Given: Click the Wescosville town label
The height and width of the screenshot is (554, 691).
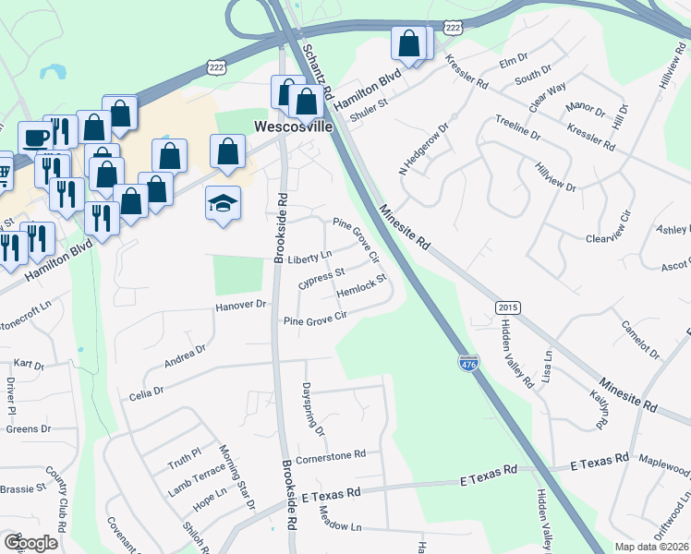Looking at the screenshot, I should point(294,126).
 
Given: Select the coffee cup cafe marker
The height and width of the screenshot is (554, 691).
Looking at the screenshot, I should point(35,138).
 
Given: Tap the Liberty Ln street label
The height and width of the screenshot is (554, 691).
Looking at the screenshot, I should point(309,258).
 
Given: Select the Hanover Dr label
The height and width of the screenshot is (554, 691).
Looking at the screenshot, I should point(240,305).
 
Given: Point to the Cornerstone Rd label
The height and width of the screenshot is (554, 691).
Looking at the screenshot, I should point(332,454).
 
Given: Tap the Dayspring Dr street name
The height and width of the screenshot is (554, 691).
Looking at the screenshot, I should point(314,410).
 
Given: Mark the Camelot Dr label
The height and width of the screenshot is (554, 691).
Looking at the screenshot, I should point(640,340).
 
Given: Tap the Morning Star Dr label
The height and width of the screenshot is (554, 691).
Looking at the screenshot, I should point(236,477).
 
